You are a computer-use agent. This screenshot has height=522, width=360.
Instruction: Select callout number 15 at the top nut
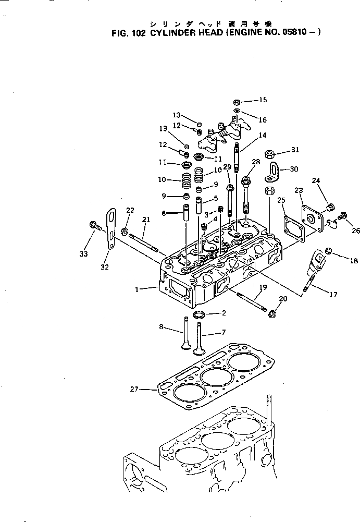coord(263,100)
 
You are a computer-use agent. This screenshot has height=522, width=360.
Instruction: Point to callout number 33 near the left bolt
coord(83,253)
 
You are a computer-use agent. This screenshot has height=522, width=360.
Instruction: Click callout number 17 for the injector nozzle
coord(332,295)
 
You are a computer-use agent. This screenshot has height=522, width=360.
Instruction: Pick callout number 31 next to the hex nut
coord(295,150)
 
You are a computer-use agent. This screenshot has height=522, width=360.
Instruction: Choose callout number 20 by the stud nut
coord(283,298)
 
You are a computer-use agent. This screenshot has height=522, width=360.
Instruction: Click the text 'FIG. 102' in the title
coord(130,32)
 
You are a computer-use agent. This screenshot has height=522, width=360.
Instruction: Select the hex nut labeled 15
coord(237,101)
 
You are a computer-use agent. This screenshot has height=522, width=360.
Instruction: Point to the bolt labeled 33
coord(95,226)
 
